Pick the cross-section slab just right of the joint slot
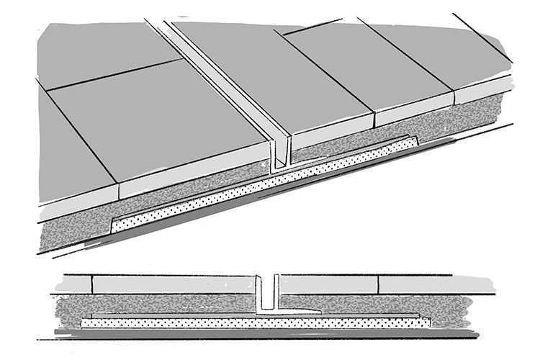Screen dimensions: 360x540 pyautogui.click(x=328, y=284)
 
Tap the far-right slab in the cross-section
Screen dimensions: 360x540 pyautogui.click(x=432, y=284)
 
